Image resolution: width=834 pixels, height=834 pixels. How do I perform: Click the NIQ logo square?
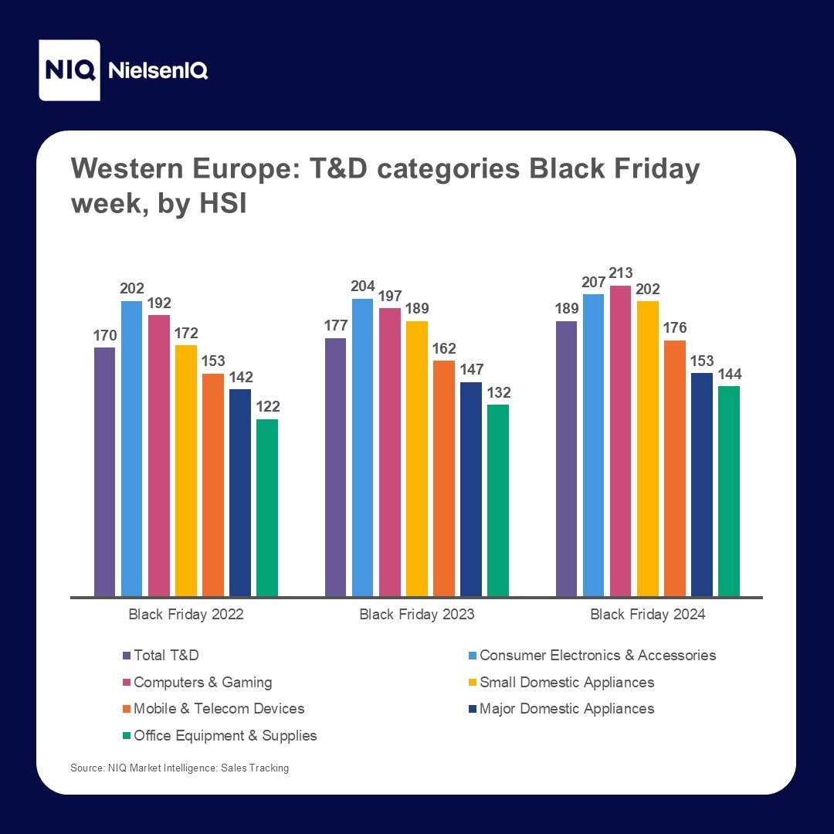point(69,70)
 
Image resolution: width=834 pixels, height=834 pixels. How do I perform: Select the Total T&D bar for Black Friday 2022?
point(105,472)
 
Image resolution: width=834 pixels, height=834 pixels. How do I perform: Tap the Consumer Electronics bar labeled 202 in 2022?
point(132,449)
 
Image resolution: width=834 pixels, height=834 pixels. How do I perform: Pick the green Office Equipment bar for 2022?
point(267,507)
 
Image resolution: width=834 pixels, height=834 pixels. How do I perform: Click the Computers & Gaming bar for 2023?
point(390,452)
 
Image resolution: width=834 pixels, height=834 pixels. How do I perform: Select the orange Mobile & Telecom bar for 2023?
point(444,478)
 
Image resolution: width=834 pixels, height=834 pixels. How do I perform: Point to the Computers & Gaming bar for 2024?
point(621,441)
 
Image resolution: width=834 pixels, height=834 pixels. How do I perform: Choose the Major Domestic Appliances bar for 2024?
point(702,484)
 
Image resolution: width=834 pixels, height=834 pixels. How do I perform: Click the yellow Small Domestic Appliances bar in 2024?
point(648,449)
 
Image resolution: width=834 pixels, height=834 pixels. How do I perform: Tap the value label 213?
point(621,273)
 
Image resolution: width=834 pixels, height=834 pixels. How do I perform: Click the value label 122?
point(267,407)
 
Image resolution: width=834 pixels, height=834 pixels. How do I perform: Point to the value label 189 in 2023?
point(417,309)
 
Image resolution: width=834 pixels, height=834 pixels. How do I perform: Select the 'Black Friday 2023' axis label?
point(417,615)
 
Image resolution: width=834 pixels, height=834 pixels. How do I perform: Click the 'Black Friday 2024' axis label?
point(648,615)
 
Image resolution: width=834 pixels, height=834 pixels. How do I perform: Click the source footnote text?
point(179,768)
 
